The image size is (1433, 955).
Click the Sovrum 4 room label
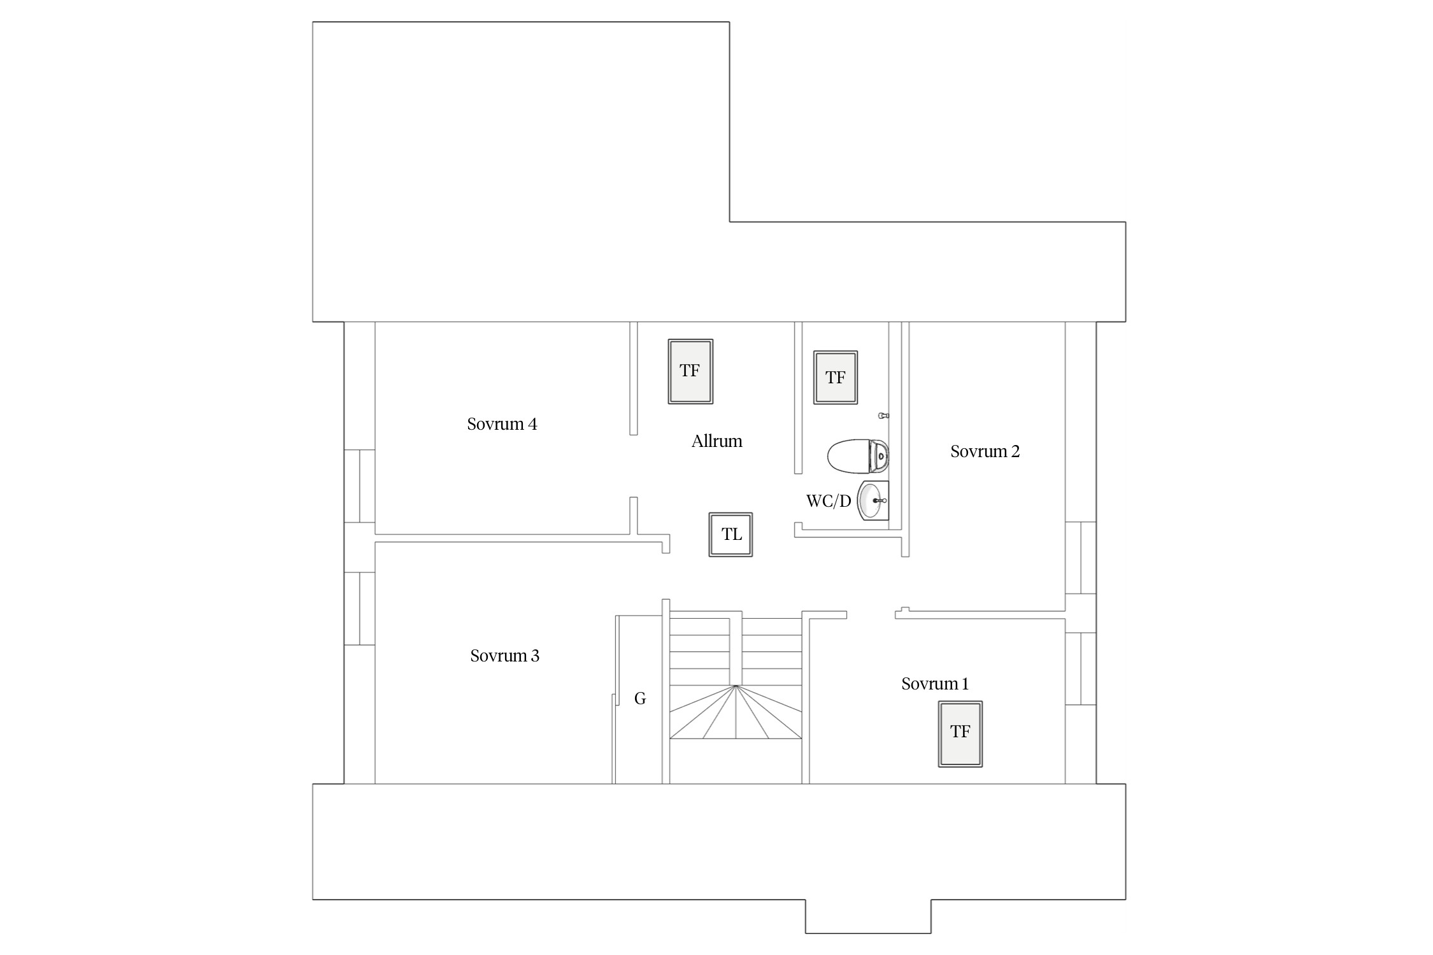(x=502, y=424)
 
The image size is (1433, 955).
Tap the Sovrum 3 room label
(x=504, y=656)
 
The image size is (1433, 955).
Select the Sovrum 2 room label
(x=985, y=451)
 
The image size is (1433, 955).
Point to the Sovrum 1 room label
(x=935, y=684)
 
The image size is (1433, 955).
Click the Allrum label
(x=716, y=441)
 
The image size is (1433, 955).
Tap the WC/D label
(x=829, y=501)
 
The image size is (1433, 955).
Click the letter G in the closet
(x=640, y=698)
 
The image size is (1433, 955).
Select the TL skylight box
(x=731, y=535)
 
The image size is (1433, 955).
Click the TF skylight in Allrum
(x=690, y=371)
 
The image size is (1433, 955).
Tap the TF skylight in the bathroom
(x=836, y=377)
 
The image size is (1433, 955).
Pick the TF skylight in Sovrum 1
(x=960, y=734)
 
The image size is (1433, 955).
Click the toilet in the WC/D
(x=858, y=456)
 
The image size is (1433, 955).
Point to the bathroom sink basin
(x=873, y=500)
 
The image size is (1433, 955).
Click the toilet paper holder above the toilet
(x=883, y=416)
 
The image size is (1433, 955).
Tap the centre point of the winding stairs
(x=736, y=686)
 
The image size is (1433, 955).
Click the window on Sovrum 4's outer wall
(x=360, y=486)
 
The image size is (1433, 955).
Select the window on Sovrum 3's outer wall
(x=360, y=609)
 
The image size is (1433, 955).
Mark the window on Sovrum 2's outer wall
(x=1081, y=558)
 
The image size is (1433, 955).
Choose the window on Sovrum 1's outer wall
(x=1081, y=668)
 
